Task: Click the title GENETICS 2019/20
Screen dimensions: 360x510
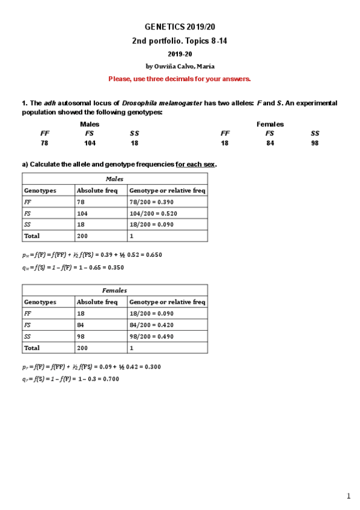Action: [180, 28]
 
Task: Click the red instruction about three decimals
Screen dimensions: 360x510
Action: [180, 79]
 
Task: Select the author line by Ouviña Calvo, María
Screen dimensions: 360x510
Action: [180, 66]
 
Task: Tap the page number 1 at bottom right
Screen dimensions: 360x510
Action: [348, 496]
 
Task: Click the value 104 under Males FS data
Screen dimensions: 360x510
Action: [90, 143]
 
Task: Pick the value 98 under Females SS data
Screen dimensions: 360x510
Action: [315, 143]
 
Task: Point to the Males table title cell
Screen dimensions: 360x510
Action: [115, 179]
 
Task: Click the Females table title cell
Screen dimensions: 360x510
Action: [115, 290]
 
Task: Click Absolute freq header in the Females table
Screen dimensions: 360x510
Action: [97, 302]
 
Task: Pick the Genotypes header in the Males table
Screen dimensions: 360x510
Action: [40, 191]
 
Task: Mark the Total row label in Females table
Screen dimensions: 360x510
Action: [32, 348]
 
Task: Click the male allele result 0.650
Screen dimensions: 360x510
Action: [153, 255]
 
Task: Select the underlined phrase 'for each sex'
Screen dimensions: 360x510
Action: [195, 164]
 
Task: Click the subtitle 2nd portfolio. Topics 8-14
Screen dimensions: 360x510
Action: [180, 41]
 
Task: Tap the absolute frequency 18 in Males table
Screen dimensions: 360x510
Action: [81, 225]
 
